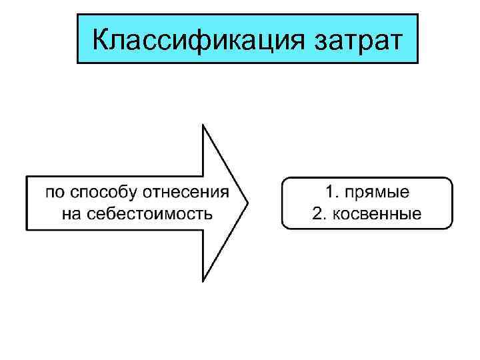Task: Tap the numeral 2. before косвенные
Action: tap(319, 214)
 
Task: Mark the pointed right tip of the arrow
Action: tap(247, 203)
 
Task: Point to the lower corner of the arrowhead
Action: tap(203, 281)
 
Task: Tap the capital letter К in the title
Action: tap(101, 39)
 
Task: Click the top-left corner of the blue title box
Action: tap(78, 15)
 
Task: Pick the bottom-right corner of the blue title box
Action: tap(417, 63)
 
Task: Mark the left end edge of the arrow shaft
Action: tap(27, 203)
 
